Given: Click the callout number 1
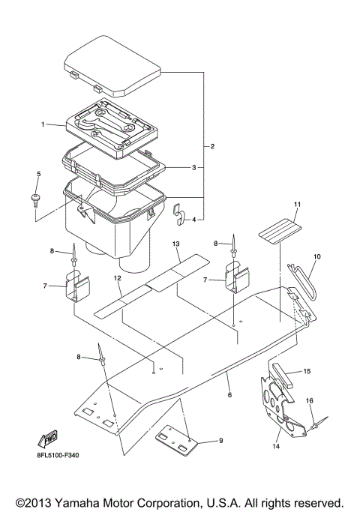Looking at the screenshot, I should pos(43,124).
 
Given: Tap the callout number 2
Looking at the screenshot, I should pos(213,145).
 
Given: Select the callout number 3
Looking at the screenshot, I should pos(193,167).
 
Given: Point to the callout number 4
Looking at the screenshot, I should pos(193,220).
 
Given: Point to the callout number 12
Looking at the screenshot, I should pos(118,278).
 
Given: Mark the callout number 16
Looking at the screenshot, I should pos(309,400).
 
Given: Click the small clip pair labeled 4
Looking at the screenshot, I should pos(178,214).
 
